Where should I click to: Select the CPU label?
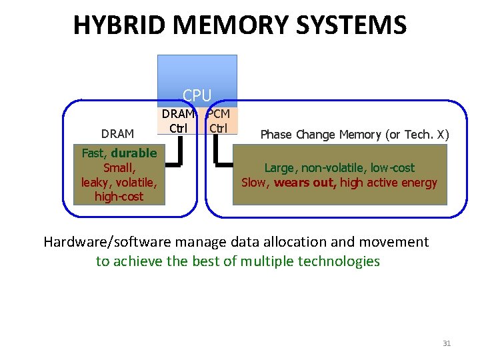coord(197,96)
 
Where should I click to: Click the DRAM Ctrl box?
coord(177,120)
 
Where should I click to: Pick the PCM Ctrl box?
coord(218,120)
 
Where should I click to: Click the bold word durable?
coord(134,153)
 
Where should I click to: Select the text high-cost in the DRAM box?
coord(119,197)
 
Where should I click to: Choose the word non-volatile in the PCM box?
coord(331,168)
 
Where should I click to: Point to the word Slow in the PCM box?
coord(253,183)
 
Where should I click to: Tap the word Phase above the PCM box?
coord(275,135)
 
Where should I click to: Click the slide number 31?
coord(447,343)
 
